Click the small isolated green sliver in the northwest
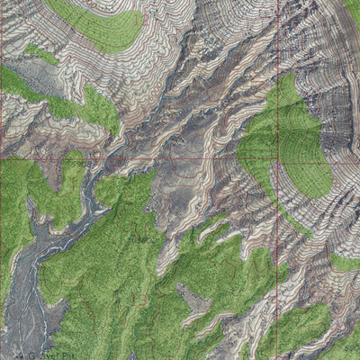tap(40, 54)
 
